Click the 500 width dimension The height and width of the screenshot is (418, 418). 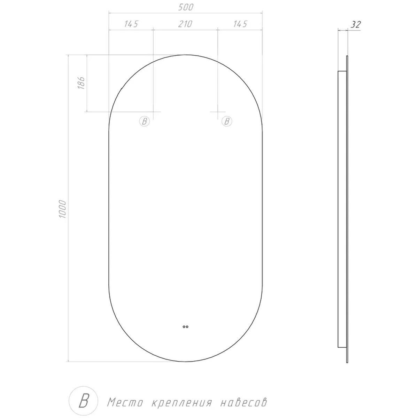tap(185, 7)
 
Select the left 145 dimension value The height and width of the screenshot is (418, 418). tap(131, 24)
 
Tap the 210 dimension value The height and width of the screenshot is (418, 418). tap(185, 24)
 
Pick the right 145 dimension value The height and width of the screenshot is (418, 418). tap(240, 24)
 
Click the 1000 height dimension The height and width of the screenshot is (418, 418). tap(62, 209)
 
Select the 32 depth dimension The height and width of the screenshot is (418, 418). tap(356, 25)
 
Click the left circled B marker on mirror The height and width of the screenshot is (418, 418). tap(145, 121)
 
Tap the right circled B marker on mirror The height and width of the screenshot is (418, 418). tap(227, 121)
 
